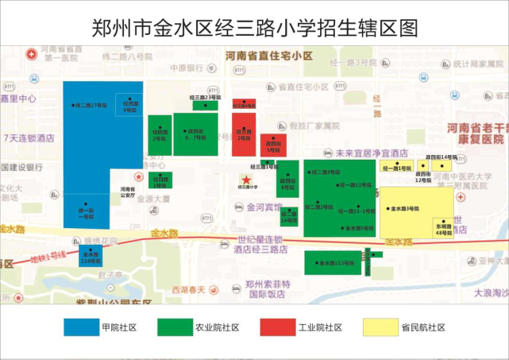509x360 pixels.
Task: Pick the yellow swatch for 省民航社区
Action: tap(380, 327)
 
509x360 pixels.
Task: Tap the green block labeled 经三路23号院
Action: tap(205, 104)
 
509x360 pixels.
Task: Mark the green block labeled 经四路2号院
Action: tap(159, 134)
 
